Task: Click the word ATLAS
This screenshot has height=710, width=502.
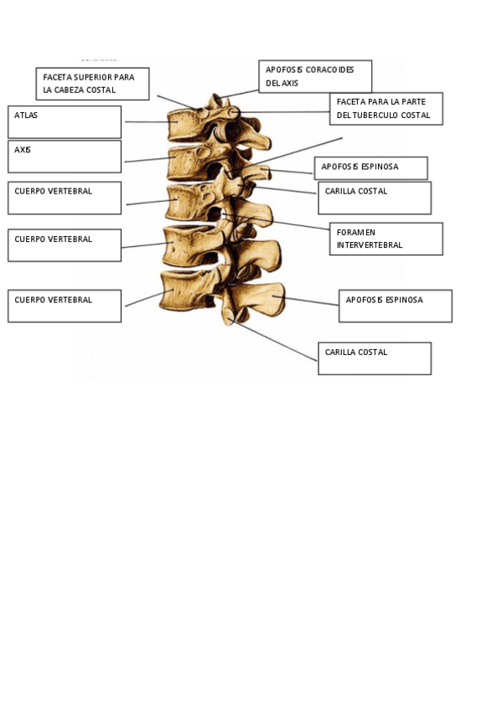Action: click(26, 116)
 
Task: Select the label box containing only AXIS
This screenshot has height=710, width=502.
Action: click(65, 156)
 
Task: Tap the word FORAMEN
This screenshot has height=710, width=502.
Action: click(355, 232)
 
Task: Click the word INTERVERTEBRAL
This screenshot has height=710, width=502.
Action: click(369, 245)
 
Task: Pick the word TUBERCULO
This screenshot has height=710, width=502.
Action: click(380, 116)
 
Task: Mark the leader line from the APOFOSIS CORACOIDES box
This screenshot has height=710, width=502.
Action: click(239, 92)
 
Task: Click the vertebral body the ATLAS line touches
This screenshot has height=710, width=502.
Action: click(184, 126)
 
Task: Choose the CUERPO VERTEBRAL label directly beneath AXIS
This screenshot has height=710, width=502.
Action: click(65, 198)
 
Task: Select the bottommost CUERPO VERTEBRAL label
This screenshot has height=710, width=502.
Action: click(65, 306)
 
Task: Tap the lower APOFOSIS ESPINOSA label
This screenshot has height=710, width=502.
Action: click(395, 306)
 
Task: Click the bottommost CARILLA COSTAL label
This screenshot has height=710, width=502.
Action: click(375, 358)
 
